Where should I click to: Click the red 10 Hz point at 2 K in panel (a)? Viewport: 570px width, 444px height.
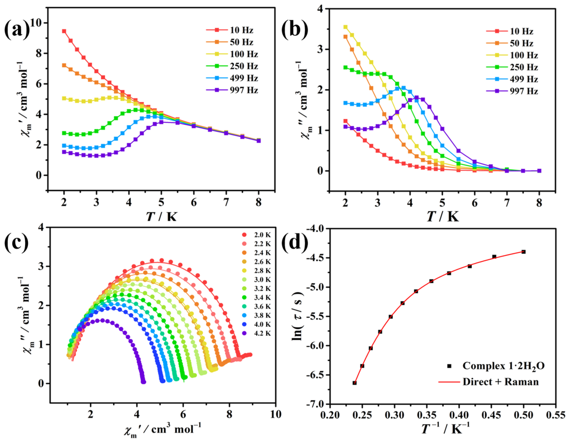pyautogui.click(x=64, y=31)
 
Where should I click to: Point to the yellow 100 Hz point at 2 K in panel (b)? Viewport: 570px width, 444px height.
pyautogui.click(x=345, y=27)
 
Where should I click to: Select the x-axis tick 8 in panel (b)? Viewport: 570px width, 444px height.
pyautogui.click(x=539, y=203)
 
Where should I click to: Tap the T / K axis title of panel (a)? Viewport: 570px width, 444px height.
pyautogui.click(x=162, y=216)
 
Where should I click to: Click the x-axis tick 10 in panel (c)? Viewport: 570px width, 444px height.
pyautogui.click(x=275, y=414)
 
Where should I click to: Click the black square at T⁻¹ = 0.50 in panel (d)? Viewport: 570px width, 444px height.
pyautogui.click(x=523, y=252)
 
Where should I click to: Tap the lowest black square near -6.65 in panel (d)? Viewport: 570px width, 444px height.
pyautogui.click(x=354, y=383)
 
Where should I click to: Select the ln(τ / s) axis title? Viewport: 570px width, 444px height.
pyautogui.click(x=298, y=316)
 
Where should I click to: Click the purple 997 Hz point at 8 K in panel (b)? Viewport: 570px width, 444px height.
pyautogui.click(x=539, y=171)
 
